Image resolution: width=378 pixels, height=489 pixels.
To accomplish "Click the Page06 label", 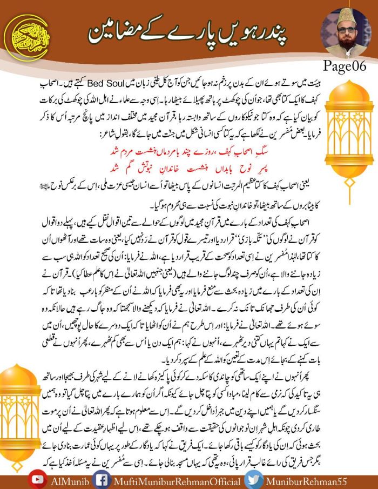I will [345, 66].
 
